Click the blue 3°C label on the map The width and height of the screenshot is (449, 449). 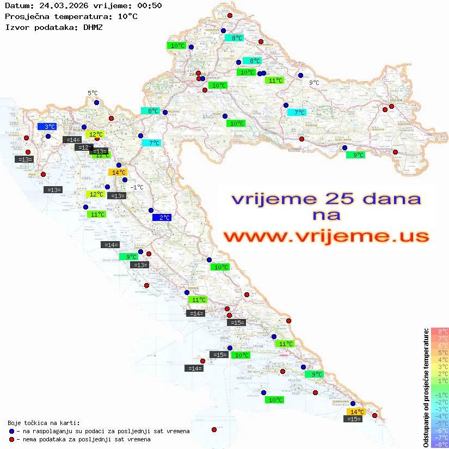point(47,126)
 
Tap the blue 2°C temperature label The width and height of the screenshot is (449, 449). point(162,218)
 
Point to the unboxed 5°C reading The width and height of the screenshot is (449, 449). point(93,94)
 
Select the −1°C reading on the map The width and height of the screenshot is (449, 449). point(137,187)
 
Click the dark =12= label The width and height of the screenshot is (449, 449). point(83,147)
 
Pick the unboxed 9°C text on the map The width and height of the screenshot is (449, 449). point(314,83)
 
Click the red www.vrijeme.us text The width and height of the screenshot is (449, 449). point(326,237)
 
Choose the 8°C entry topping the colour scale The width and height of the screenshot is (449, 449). point(440,331)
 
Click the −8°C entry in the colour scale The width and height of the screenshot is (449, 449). point(440,444)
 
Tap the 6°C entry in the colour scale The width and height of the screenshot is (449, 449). point(440,345)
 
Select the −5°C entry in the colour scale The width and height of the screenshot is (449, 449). point(440,423)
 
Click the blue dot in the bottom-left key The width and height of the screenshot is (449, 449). point(11,431)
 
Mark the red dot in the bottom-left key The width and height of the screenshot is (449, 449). point(11,439)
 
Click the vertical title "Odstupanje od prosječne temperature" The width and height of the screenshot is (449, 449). point(426,388)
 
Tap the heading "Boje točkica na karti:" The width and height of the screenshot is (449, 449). point(44,423)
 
